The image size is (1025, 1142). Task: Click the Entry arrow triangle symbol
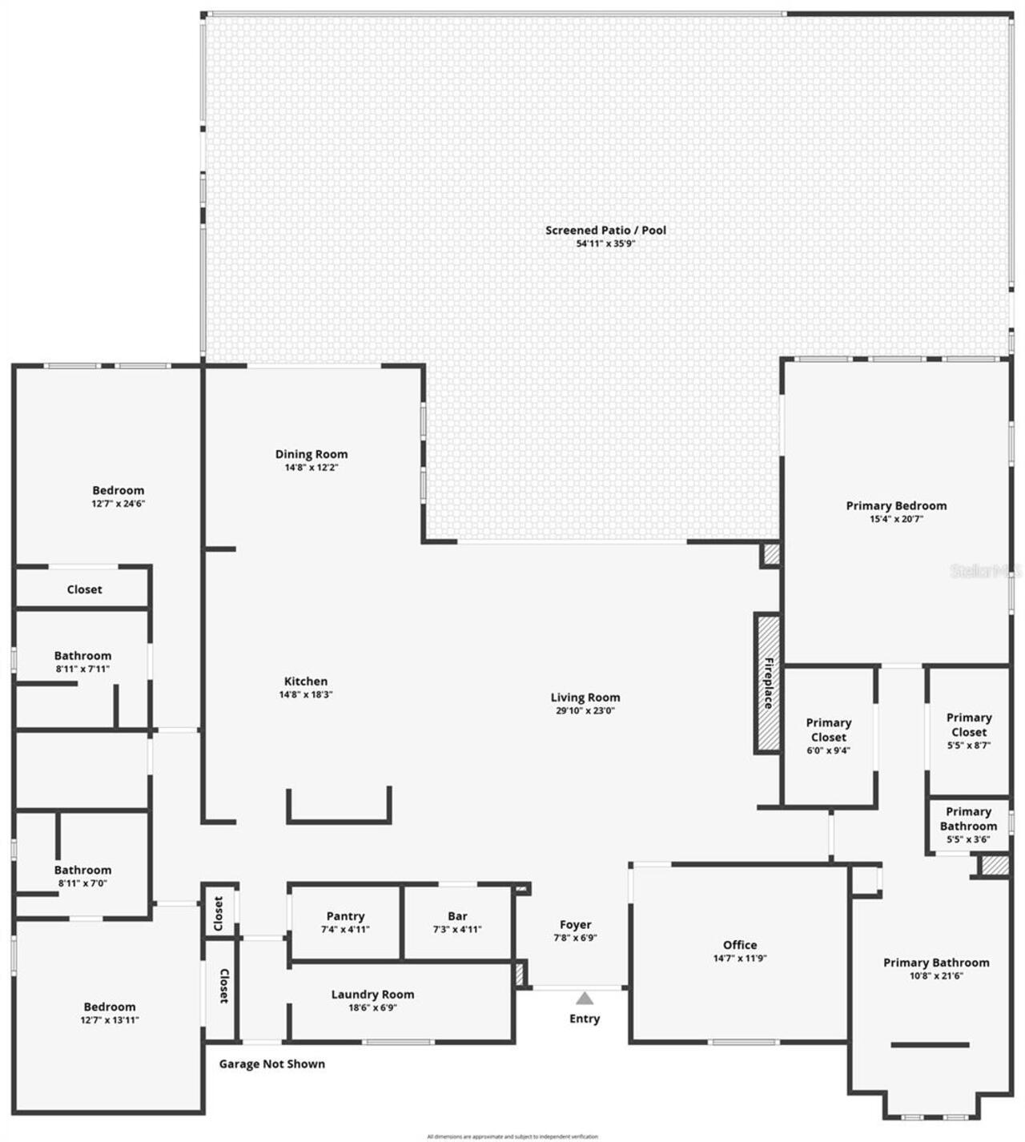click(x=585, y=999)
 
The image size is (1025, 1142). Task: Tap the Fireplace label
click(x=768, y=683)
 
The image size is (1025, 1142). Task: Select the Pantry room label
click(x=345, y=916)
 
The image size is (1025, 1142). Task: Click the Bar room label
click(x=457, y=916)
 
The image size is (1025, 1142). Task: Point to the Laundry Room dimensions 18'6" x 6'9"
click(x=372, y=1007)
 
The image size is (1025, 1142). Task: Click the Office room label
click(x=739, y=945)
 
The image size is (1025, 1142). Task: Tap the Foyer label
click(x=575, y=924)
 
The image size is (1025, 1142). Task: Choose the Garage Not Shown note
click(x=272, y=1064)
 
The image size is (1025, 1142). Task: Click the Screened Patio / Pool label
click(x=605, y=230)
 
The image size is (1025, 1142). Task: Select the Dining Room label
click(x=312, y=454)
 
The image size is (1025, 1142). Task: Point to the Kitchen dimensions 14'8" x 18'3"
click(x=305, y=695)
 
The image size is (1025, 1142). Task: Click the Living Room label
click(x=585, y=698)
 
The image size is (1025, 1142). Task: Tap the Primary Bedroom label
click(x=896, y=505)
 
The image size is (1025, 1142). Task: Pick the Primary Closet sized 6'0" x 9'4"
click(x=828, y=730)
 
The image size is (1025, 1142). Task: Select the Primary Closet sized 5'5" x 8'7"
click(x=969, y=725)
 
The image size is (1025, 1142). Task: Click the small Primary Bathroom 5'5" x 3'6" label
click(x=968, y=818)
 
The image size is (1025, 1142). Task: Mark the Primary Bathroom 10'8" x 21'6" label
click(x=936, y=963)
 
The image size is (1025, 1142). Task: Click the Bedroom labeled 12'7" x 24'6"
click(x=118, y=490)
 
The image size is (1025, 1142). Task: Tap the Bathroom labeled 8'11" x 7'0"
click(x=82, y=870)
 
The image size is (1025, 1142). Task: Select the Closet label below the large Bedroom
click(x=84, y=589)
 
